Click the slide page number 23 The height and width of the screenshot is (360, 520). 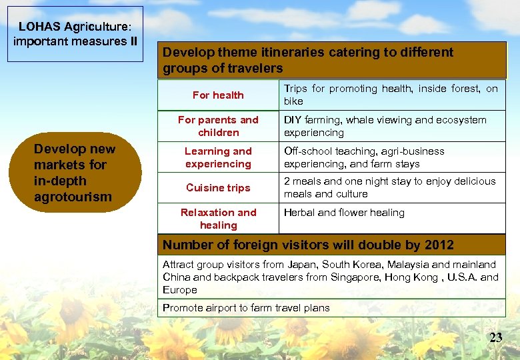[x=495, y=337]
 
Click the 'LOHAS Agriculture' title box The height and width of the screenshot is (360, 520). [x=75, y=34]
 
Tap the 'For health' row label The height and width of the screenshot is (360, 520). [x=218, y=95]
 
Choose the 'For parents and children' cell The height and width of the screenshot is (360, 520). [x=218, y=126]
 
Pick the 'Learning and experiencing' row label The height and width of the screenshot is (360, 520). [x=218, y=157]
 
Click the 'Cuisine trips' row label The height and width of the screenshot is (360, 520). [x=218, y=187]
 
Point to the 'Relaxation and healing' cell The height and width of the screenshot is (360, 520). [x=218, y=219]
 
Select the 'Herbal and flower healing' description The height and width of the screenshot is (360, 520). [x=344, y=213]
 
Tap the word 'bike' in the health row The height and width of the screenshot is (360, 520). [x=293, y=101]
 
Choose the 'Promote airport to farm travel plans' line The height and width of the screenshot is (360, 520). [x=246, y=307]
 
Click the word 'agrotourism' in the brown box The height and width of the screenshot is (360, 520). [x=73, y=197]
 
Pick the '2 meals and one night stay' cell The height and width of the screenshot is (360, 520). [x=389, y=187]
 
